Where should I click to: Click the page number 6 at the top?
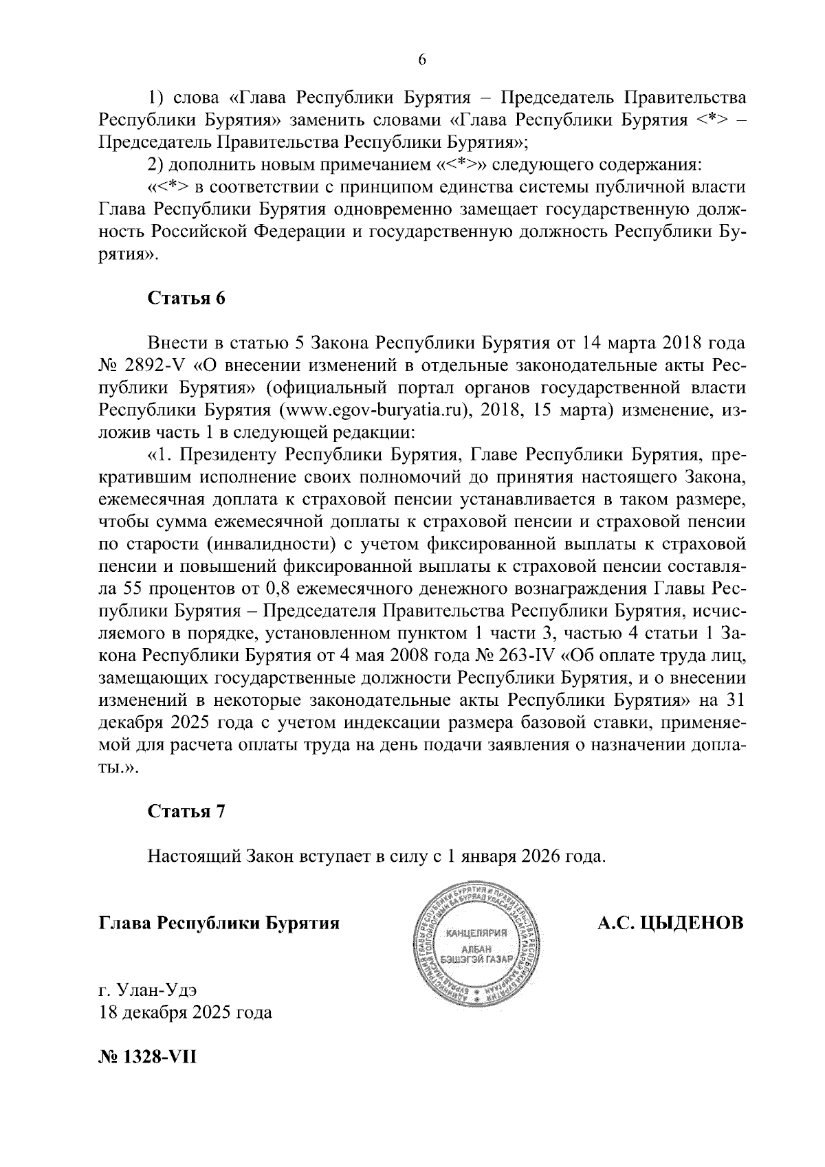(422, 60)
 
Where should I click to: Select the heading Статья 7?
(186, 811)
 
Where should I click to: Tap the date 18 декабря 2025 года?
(186, 1012)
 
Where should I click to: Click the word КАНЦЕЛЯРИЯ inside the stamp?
(476, 933)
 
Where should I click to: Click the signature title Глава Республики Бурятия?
(219, 923)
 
